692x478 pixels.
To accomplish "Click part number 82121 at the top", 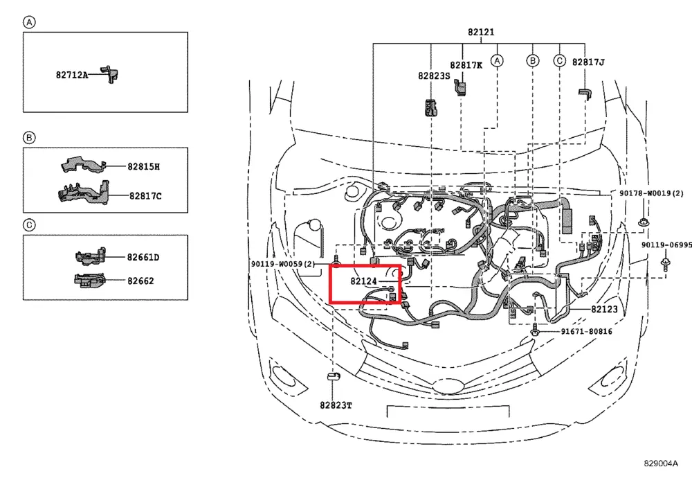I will [x=480, y=32].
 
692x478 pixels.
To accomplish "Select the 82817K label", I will [x=466, y=65].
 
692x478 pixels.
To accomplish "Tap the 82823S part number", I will [x=433, y=76].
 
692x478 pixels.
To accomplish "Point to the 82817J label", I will [x=588, y=62].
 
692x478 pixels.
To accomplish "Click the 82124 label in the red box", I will [x=363, y=281].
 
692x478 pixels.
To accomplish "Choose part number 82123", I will [x=604, y=310].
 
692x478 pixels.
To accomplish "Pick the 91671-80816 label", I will [x=586, y=332].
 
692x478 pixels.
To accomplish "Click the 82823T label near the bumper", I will [x=336, y=405].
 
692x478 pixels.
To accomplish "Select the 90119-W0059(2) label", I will [x=282, y=264].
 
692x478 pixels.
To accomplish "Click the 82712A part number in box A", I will [x=72, y=74].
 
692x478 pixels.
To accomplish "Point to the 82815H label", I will [x=143, y=167].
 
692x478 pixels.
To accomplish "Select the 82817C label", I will [x=145, y=196].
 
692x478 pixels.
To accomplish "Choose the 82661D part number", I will [x=143, y=258].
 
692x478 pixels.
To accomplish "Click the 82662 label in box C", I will [x=140, y=281].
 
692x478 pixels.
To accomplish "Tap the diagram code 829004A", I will [x=662, y=464].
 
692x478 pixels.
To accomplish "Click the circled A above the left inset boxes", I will [x=29, y=22].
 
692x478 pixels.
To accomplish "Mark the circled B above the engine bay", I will [x=532, y=62].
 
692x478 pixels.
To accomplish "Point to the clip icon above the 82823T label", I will [x=333, y=377].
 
